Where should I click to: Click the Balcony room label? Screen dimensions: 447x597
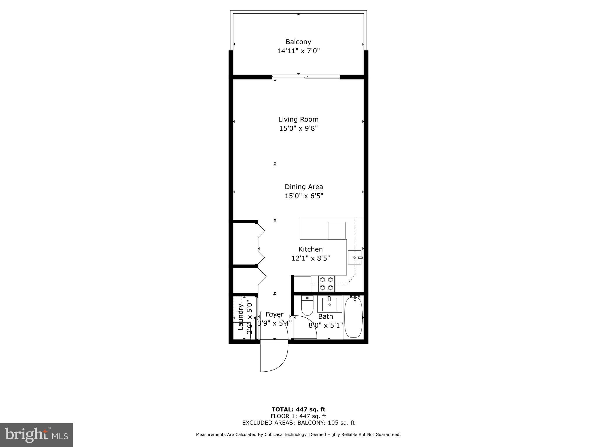tap(298, 42)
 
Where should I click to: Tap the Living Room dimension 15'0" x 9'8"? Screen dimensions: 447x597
tap(298, 128)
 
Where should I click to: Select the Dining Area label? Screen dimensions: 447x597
tap(304, 187)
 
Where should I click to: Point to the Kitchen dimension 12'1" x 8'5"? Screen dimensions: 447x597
tap(310, 258)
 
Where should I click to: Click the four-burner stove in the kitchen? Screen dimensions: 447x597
tap(326, 284)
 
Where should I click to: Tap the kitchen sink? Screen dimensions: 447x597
tap(355, 258)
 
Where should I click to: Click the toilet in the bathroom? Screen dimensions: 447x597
tap(307, 306)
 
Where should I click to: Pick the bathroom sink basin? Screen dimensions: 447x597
tap(329, 304)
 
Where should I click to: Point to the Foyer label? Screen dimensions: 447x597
tap(274, 314)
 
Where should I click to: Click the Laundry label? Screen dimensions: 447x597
tap(240, 317)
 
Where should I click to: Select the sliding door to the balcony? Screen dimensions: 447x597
tap(306, 77)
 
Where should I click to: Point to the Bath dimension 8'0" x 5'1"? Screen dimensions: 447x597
tap(326, 325)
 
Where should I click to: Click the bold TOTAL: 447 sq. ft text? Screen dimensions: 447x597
tap(298, 409)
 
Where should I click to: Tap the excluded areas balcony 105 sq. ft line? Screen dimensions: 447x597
tap(298, 423)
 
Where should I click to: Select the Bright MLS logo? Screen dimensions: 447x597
tap(36, 435)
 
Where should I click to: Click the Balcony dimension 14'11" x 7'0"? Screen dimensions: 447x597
tap(298, 51)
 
